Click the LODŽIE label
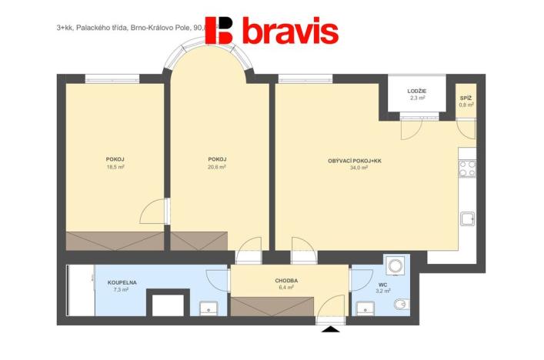tap(417, 91)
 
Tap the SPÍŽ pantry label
tap(466, 98)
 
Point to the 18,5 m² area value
tap(115, 167)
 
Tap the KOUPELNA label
tap(122, 282)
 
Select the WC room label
tap(383, 283)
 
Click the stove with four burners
tap(467, 168)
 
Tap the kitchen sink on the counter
tap(468, 218)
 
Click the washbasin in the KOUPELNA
tap(209, 308)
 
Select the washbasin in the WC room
tap(364, 308)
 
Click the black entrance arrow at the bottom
tap(331, 329)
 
